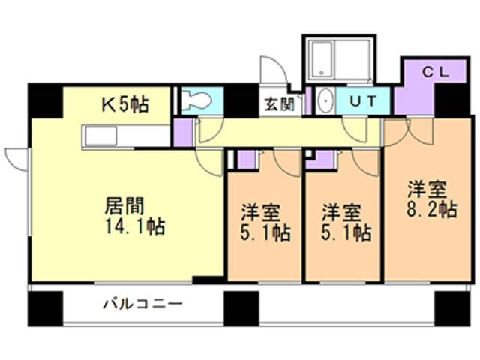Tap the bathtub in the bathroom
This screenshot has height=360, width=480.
coord(322,60)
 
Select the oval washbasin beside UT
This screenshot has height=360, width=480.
coord(325,101)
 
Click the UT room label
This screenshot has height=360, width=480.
coord(363,101)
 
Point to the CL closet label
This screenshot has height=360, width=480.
coord(435,72)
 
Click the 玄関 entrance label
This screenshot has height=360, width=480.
coord(280,104)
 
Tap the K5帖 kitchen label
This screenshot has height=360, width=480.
coord(125,105)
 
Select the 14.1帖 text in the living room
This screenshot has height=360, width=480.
coord(135,226)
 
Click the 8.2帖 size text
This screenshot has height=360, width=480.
coord(432,209)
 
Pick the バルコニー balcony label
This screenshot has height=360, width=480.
coord(142,304)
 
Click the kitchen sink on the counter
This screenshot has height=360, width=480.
coord(101,136)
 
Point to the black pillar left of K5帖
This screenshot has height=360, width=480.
coord(45,100)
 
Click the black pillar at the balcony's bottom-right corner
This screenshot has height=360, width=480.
coord(452,308)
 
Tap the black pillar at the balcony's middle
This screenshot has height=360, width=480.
coord(241,308)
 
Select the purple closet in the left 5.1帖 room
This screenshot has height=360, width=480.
coord(247,160)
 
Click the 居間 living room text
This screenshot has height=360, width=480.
coord(124,206)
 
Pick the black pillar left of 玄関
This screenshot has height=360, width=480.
coord(241,100)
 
